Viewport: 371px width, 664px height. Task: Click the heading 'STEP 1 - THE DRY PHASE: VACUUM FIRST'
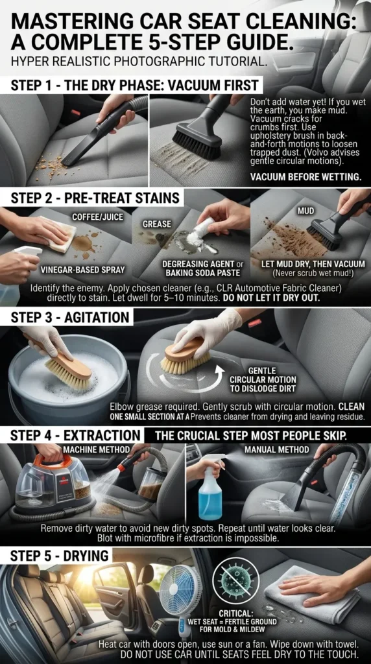[x=134, y=85]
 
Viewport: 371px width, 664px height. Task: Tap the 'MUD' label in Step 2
[x=305, y=211]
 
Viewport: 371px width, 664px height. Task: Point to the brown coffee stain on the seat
[x=84, y=244]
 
